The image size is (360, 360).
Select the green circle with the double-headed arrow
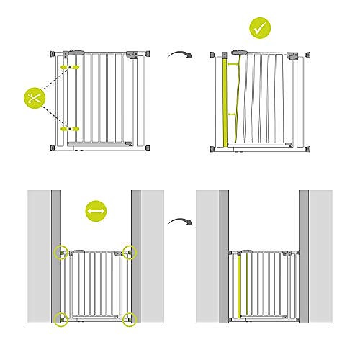pyautogui.click(x=96, y=211)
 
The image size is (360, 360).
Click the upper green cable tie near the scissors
pyautogui.click(x=71, y=66)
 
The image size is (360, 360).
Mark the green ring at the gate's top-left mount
pyautogui.click(x=61, y=252)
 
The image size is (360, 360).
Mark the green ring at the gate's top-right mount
pyautogui.click(x=129, y=251)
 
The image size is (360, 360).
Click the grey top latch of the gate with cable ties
pyautogui.click(x=134, y=54)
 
